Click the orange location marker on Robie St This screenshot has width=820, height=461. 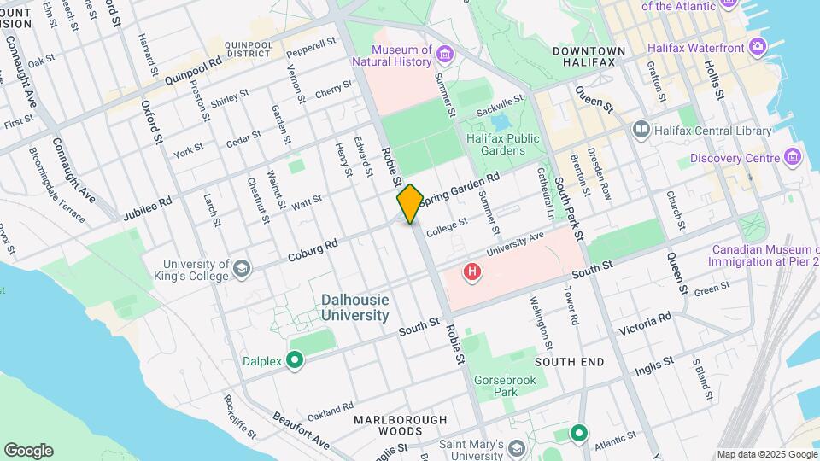coord(410,203)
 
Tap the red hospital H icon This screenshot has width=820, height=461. coord(471,273)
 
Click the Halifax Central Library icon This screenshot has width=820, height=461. coord(641,130)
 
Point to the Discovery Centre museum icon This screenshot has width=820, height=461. coord(794,157)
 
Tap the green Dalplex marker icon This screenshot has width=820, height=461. coord(296,361)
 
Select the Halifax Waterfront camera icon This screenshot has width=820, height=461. coord(757,46)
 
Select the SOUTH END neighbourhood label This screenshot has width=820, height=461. coord(569,362)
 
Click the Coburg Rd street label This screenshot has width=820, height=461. coord(313,249)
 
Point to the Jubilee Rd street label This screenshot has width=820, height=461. coord(147,205)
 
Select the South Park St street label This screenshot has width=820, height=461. coord(568,209)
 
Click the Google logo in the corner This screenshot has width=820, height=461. coord(28,451)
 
